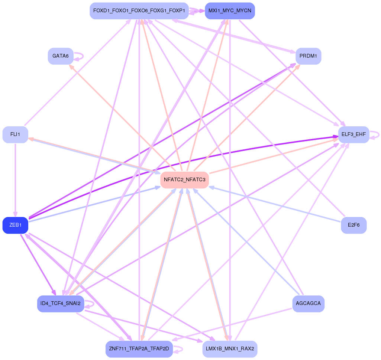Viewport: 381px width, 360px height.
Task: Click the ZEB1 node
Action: [x=15, y=225]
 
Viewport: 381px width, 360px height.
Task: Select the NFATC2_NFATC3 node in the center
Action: [x=184, y=180]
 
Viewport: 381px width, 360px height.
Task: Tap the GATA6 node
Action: [x=60, y=56]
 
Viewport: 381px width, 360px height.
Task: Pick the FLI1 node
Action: [x=15, y=134]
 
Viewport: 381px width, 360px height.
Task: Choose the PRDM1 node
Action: [x=308, y=56]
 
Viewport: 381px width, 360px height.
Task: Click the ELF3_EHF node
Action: [x=353, y=134]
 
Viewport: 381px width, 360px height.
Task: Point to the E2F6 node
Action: [x=353, y=225]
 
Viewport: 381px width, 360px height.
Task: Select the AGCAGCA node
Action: [x=308, y=304]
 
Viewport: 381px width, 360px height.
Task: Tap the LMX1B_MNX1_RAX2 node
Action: [x=230, y=349]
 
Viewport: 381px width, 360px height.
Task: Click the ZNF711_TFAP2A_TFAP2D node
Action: [x=139, y=349]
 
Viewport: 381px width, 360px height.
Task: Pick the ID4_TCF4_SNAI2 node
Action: [x=60, y=304]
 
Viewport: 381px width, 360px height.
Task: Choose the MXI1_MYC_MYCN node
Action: [x=230, y=11]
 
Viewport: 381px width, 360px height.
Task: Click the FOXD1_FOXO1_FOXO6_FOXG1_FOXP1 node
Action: [x=139, y=11]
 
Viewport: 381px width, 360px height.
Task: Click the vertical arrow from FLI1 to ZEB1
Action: [x=15, y=178]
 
